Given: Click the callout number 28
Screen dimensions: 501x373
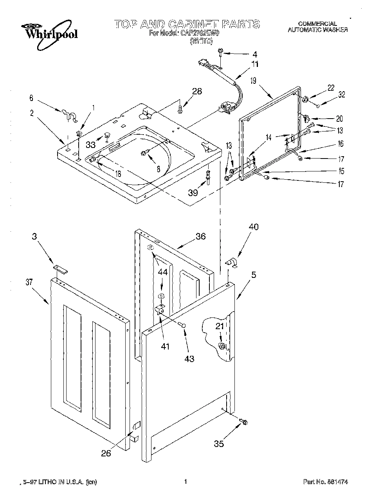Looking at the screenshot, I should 196,91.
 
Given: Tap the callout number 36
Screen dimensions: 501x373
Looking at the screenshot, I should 200,236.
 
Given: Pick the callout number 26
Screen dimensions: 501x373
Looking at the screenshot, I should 106,453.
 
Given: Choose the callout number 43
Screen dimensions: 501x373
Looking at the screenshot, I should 189,358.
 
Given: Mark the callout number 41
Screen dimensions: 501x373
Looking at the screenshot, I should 166,346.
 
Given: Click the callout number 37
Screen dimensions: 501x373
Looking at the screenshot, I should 29,282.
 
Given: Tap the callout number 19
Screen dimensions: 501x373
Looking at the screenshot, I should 253,81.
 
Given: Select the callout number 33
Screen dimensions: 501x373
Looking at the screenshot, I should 90,145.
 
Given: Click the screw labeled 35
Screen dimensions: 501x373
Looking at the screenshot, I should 245,422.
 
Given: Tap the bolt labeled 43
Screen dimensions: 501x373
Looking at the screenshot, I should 182,324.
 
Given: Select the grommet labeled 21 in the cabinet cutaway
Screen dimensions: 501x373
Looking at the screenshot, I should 222,346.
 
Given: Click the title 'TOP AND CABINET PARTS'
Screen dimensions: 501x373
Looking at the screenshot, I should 187,24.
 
